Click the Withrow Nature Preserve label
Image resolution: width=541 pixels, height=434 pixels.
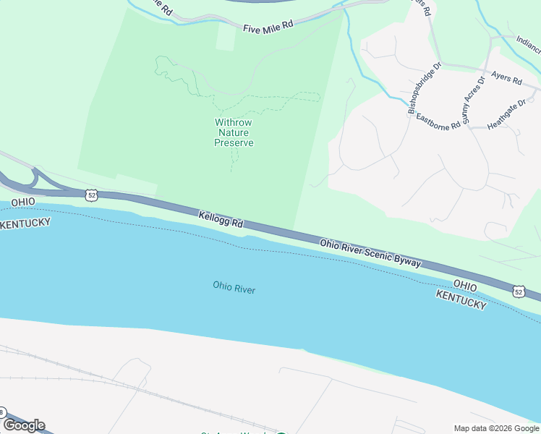tap(234, 133)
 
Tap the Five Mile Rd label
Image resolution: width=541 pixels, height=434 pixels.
tap(268, 27)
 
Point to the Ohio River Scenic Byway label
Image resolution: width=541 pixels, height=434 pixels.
tap(370, 253)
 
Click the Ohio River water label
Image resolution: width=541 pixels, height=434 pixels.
tap(234, 288)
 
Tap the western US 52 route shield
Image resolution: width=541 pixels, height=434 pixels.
tap(90, 195)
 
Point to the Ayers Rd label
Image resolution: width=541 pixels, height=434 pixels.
tap(506, 77)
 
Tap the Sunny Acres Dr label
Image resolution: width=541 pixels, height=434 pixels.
tap(471, 99)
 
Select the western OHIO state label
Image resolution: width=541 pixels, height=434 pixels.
tap(23, 201)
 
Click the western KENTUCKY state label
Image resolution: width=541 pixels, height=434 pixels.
tap(25, 224)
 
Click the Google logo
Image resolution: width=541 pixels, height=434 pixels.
tap(24, 425)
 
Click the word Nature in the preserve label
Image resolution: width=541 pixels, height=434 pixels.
tap(234, 133)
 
